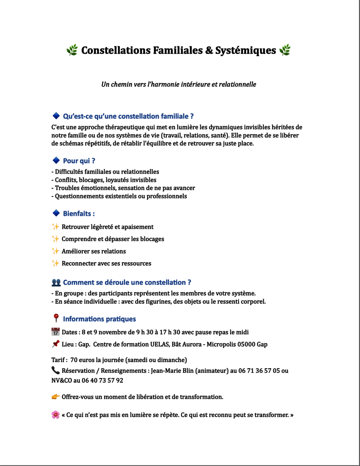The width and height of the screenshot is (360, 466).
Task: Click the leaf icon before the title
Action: click(72, 51)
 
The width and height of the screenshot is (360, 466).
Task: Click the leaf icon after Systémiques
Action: click(285, 51)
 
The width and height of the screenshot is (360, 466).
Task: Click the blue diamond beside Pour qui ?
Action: click(56, 160)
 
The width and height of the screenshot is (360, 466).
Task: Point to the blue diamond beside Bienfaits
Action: click(56, 213)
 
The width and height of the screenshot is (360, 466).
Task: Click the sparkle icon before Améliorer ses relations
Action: click(55, 251)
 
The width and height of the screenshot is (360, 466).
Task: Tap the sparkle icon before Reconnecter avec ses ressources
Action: click(55, 263)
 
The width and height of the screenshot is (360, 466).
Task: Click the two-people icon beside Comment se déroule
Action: click(56, 282)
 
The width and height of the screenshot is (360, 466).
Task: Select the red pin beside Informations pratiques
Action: click(56, 318)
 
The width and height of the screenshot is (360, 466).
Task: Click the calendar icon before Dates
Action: click(55, 332)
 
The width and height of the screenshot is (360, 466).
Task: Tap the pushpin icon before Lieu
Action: click(55, 344)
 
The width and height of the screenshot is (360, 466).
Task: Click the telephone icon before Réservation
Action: click(55, 370)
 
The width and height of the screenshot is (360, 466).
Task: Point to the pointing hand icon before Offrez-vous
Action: click(55, 396)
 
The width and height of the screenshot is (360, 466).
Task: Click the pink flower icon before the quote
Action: click(55, 415)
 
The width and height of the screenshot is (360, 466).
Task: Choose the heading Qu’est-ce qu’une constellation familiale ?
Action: click(128, 116)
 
